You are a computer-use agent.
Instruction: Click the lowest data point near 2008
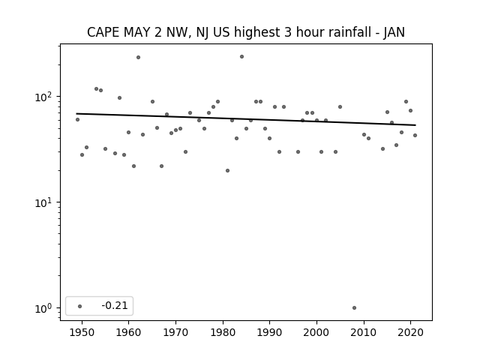pyautogui.click(x=354, y=307)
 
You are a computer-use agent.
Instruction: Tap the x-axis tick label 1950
pyautogui.click(x=82, y=332)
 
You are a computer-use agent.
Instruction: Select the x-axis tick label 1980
pyautogui.click(x=223, y=332)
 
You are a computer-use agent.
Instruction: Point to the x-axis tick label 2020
pyautogui.click(x=410, y=332)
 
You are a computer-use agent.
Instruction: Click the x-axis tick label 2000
pyautogui.click(x=316, y=332)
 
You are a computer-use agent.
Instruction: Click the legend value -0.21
pyautogui.click(x=115, y=305)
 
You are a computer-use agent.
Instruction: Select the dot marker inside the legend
pyautogui.click(x=80, y=306)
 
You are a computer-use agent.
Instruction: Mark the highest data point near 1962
pyautogui.click(x=138, y=57)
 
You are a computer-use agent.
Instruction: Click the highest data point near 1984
pyautogui.click(x=241, y=57)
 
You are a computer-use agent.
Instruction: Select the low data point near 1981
pyautogui.click(x=227, y=170)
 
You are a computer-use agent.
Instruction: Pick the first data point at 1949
pyautogui.click(x=77, y=119)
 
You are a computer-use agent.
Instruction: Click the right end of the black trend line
pyautogui.click(x=415, y=125)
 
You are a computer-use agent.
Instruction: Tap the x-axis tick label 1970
pyautogui.click(x=175, y=332)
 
